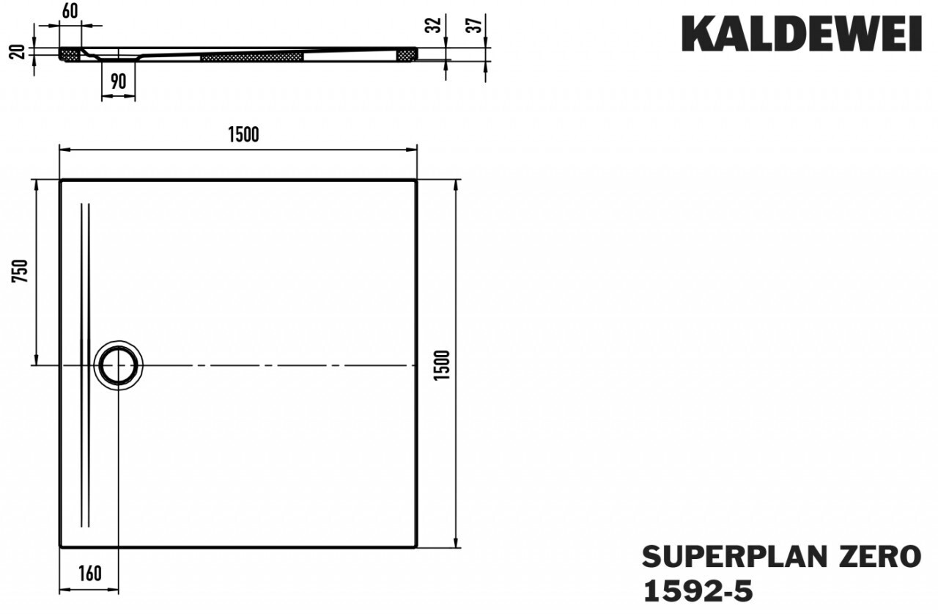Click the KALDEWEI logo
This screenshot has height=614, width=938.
(802, 34)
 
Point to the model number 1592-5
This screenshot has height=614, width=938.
(698, 591)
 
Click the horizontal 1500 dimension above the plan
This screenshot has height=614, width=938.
(243, 134)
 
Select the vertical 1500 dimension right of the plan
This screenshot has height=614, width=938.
(441, 365)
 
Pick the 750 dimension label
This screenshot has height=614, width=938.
(20, 271)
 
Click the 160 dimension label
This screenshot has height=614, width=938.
(89, 574)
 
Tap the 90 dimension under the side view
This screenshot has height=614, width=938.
(118, 81)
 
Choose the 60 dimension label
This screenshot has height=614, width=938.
(70, 11)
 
